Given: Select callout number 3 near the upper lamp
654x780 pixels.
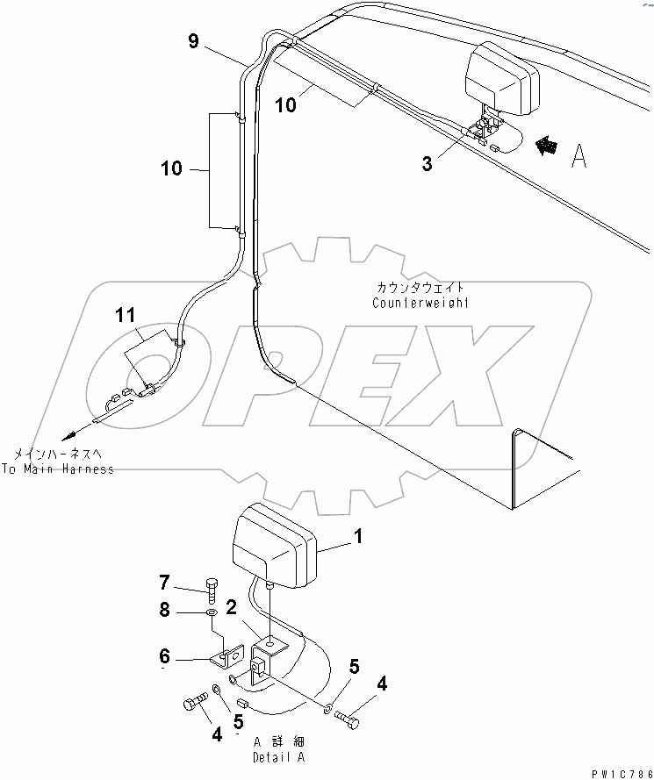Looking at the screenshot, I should (427, 163).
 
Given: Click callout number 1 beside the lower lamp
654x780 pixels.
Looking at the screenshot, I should (356, 534).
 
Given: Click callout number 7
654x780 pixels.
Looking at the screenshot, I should (163, 583).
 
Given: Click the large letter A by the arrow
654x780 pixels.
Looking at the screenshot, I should (579, 155).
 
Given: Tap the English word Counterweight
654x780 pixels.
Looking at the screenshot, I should (420, 303).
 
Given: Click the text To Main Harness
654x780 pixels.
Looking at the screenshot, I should (57, 469).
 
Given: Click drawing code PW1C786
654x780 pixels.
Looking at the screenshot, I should (619, 770).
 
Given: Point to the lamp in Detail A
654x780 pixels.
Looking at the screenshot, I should (272, 546).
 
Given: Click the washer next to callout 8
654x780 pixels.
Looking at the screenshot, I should (212, 612).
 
